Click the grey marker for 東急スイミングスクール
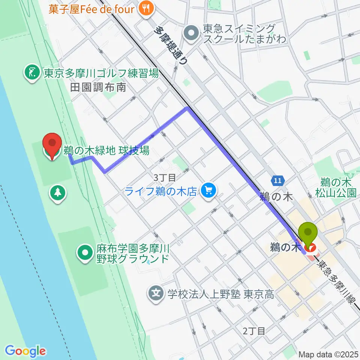[x=192, y=33]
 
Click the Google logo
[x=25, y=351]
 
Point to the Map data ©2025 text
[x=328, y=354]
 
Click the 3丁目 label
[x=162, y=177]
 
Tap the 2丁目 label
[x=254, y=331]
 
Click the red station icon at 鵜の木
[x=310, y=247]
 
